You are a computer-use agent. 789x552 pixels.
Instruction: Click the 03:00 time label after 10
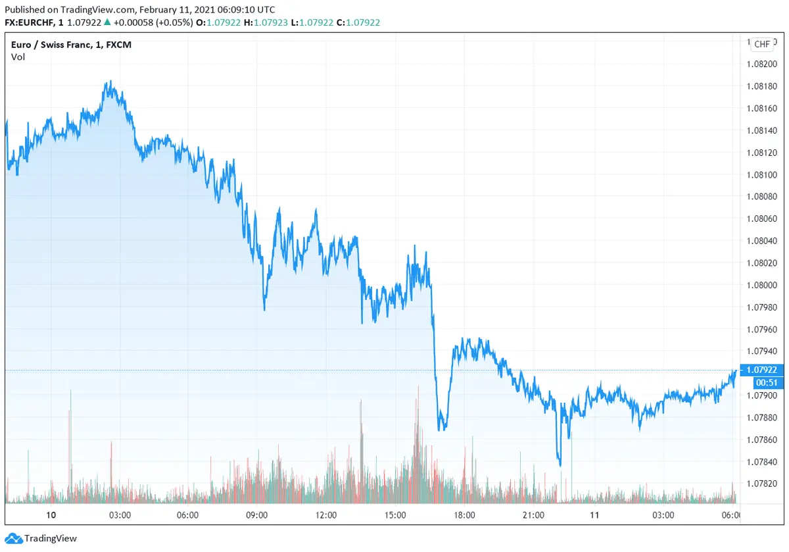tap(120, 515)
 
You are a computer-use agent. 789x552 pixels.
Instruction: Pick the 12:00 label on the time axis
tap(326, 515)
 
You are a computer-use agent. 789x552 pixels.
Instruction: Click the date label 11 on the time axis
tap(594, 515)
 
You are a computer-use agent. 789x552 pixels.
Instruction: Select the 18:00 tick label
tap(464, 515)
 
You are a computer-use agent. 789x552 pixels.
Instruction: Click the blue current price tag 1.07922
tap(763, 370)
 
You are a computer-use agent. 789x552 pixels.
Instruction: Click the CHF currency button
tap(761, 44)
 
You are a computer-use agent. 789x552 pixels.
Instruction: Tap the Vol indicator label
tap(18, 57)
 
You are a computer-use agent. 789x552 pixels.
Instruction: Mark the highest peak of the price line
tap(109, 82)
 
